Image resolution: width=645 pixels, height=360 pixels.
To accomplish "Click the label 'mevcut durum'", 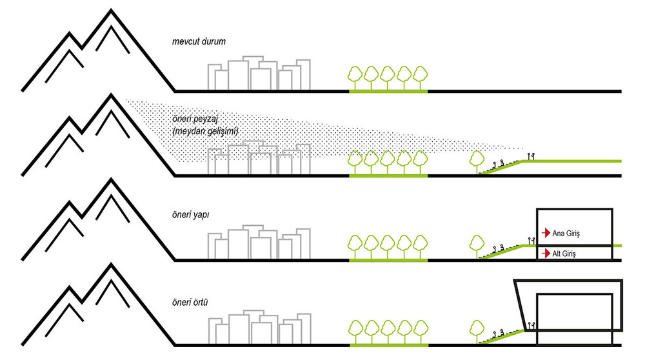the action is (x=199, y=41).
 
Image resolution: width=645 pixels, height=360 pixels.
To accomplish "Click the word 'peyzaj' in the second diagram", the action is (x=206, y=120).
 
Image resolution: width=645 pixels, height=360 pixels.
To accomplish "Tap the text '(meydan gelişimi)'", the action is (x=205, y=132).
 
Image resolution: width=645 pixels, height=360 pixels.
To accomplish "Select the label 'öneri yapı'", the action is (x=190, y=215).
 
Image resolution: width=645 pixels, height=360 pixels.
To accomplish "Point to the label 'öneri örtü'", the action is (x=190, y=302).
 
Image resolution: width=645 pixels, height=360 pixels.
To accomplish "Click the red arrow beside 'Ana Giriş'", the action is (x=546, y=233).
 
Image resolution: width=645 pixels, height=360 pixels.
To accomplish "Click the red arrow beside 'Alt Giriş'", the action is (x=546, y=253).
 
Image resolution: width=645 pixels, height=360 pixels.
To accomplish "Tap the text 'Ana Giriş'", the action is (x=566, y=234).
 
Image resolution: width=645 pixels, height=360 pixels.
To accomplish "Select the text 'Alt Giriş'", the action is (x=564, y=254).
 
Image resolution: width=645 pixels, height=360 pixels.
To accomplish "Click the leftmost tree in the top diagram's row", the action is (x=355, y=77).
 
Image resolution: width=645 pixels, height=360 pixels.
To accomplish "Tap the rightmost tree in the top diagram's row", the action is (x=420, y=77).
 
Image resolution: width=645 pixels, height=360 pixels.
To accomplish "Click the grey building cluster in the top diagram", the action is (x=259, y=73).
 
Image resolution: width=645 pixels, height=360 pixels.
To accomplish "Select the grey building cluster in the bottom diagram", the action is (x=259, y=327).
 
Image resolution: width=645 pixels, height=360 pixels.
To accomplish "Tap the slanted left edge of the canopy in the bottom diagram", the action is (x=520, y=305).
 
